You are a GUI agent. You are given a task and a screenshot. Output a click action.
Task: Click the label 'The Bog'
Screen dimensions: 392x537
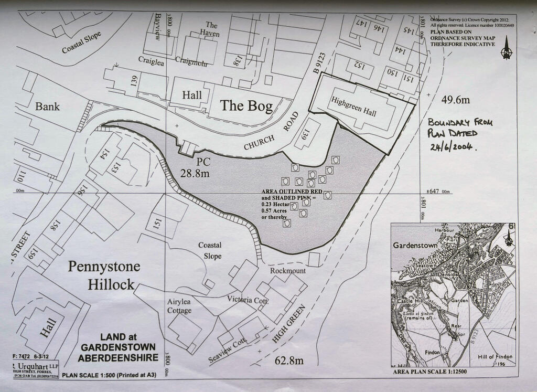(246, 106)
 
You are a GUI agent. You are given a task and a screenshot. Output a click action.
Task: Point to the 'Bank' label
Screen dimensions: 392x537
(48, 107)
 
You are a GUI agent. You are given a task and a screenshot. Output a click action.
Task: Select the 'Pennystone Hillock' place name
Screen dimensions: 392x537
(104, 276)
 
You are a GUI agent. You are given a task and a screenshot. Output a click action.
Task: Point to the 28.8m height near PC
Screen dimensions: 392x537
(194, 172)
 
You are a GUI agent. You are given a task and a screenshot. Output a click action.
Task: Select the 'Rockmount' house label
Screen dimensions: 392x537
(287, 271)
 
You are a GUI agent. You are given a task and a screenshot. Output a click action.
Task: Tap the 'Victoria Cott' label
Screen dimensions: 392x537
(248, 300)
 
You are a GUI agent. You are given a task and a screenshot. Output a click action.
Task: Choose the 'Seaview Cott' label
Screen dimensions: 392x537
(228, 351)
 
